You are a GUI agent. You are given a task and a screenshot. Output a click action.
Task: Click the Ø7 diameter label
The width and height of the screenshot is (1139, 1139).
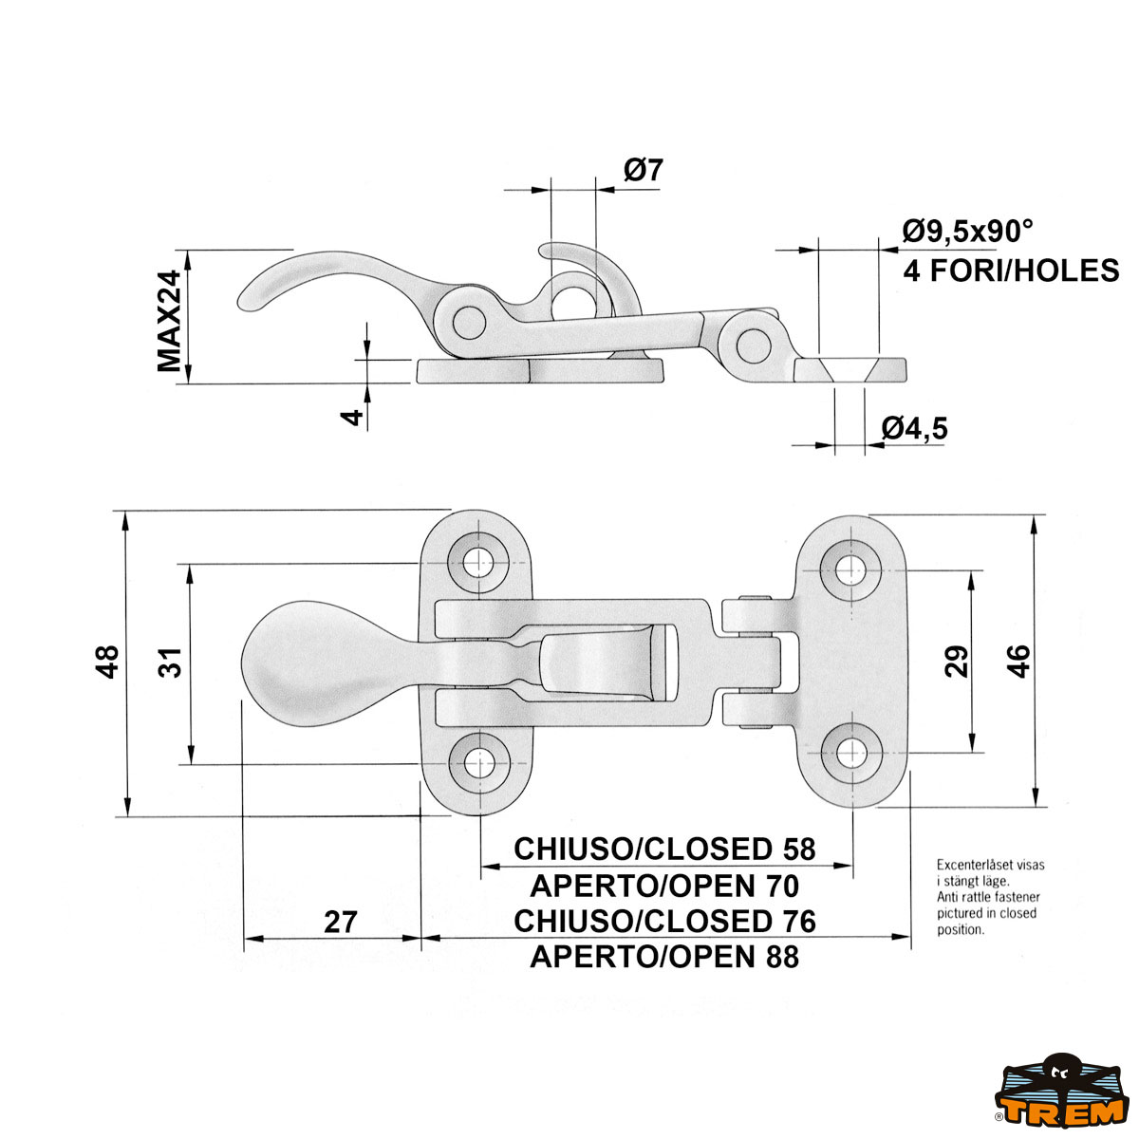tap(643, 171)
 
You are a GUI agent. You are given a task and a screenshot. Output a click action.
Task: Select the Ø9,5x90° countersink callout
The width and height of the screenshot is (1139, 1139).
tap(967, 231)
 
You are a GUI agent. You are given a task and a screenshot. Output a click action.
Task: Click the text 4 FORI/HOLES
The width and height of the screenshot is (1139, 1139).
tap(1011, 271)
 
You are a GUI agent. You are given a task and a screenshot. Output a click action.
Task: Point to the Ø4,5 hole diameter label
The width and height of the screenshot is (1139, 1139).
tap(914, 429)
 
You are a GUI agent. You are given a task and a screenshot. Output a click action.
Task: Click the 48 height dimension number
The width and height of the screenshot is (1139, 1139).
tap(107, 662)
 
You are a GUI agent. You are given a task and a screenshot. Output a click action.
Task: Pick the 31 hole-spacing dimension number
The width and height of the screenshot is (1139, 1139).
tap(170, 663)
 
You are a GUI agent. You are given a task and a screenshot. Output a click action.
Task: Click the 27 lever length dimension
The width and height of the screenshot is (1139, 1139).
tap(340, 922)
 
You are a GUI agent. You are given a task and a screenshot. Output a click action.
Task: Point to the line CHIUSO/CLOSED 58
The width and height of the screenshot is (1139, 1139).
tap(664, 849)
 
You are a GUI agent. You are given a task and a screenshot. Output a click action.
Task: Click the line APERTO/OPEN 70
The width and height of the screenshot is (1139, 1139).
tap(664, 886)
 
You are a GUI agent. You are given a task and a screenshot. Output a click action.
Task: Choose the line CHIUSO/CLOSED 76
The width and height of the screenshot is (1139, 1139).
tap(664, 921)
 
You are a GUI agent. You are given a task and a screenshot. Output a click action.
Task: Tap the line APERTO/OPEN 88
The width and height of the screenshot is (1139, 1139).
tap(664, 957)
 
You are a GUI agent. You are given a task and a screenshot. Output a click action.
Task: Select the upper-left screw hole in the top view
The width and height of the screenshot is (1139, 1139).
tap(480, 562)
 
